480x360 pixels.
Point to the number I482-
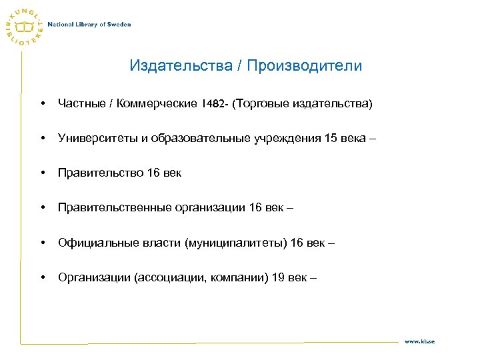coord(215,104)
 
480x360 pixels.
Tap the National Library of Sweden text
coord(89,25)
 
